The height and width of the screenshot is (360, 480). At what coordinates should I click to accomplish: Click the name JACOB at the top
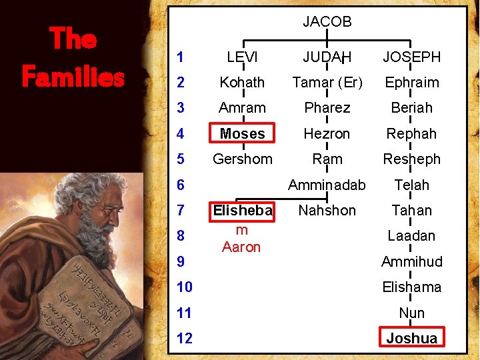[x=327, y=22]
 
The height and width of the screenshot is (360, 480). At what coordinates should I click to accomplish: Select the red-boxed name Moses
[x=242, y=133]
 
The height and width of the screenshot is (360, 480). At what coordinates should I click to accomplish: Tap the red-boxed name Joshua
[x=411, y=339]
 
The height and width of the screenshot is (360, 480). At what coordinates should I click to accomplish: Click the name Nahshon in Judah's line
[x=327, y=211]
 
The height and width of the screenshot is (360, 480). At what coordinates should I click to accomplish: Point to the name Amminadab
[x=327, y=185]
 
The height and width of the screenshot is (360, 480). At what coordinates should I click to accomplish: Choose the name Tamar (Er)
[x=327, y=83]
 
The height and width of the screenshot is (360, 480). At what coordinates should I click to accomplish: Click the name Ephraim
[x=411, y=83]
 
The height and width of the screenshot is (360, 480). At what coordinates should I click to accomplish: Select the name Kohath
[x=242, y=83]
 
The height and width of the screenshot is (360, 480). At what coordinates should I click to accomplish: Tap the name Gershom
[x=242, y=159]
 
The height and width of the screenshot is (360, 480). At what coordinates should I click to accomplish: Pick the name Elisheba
[x=242, y=211]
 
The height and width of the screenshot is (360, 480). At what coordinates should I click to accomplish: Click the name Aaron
[x=241, y=247]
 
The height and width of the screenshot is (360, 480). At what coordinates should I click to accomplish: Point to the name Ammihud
[x=411, y=262]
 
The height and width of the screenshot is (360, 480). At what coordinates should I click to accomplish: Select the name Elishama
[x=411, y=287]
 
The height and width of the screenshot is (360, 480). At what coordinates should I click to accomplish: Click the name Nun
[x=411, y=313]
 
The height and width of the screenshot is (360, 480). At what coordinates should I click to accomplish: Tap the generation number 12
[x=184, y=339]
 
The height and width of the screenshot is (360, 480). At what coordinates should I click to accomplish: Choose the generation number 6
[x=181, y=185]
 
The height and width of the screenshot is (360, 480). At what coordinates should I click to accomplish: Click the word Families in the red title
[x=73, y=77]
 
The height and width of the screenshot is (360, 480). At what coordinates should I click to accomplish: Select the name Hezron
[x=327, y=134]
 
